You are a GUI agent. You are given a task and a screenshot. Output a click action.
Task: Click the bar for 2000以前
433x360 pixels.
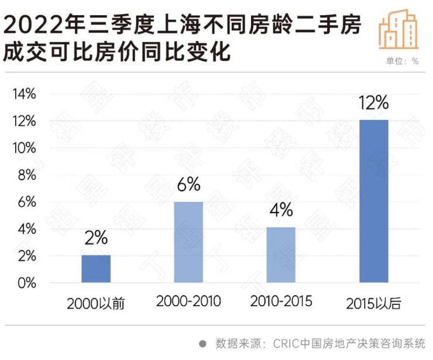[x=95, y=269]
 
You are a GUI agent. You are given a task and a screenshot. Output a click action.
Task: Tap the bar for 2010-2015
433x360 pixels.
[x=281, y=255]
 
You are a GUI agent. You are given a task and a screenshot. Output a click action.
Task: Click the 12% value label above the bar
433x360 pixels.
[x=373, y=104]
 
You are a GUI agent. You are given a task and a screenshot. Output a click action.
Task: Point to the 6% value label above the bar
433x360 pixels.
[x=188, y=185]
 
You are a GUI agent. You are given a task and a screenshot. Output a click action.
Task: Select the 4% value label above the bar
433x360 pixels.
[x=281, y=210]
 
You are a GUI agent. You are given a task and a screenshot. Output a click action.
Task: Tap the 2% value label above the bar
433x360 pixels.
[x=95, y=238]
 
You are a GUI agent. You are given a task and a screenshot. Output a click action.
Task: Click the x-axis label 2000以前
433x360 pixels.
[x=95, y=304]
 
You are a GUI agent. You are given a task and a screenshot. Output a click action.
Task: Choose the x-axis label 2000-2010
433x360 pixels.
[x=188, y=302]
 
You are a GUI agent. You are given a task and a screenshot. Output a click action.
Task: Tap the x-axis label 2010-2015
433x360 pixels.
[x=281, y=302]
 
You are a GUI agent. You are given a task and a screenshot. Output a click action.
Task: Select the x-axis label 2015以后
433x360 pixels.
[x=373, y=304]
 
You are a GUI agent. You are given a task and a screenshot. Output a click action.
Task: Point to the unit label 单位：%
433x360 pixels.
[x=403, y=61]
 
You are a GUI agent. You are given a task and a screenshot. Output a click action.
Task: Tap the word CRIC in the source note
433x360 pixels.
[x=287, y=344]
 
